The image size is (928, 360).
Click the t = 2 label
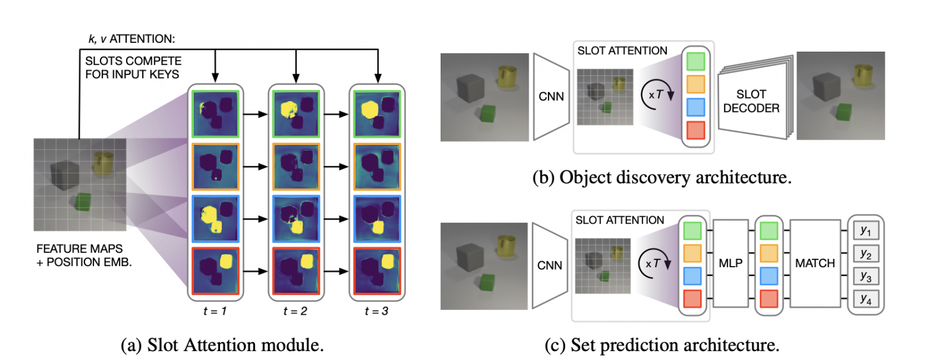pyautogui.click(x=296, y=311)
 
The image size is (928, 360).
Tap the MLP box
pyautogui.click(x=731, y=264)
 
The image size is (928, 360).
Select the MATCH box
pyautogui.click(x=815, y=264)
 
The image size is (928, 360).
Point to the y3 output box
pyautogui.click(x=866, y=276)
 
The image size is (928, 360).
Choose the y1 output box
pyautogui.click(x=866, y=231)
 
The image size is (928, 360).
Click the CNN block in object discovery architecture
pyautogui.click(x=551, y=96)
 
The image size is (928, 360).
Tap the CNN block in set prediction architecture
pyautogui.click(x=549, y=265)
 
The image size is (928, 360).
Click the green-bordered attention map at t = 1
pyautogui.click(x=215, y=114)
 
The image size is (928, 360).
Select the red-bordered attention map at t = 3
pyautogui.click(x=377, y=271)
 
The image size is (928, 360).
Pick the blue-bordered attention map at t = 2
pyautogui.click(x=296, y=219)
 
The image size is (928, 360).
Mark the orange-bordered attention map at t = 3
pyautogui.click(x=377, y=167)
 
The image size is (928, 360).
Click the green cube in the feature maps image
pyautogui.click(x=83, y=202)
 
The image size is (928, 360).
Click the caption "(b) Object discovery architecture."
pyautogui.click(x=662, y=177)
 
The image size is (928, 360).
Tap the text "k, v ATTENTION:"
pyautogui.click(x=131, y=39)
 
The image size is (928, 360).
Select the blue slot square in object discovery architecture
pyautogui.click(x=695, y=107)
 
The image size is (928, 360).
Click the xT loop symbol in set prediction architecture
pyautogui.click(x=656, y=264)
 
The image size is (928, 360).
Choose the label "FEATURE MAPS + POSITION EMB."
pyautogui.click(x=84, y=255)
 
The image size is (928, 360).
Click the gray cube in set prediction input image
pyautogui.click(x=470, y=257)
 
